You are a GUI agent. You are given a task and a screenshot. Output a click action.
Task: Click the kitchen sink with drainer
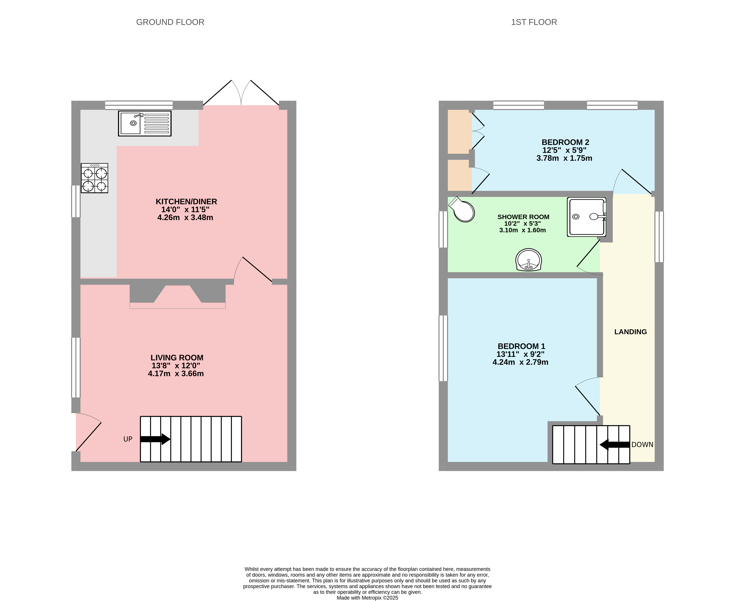pyautogui.click(x=145, y=123)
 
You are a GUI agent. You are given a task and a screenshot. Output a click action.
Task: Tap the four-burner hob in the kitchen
pyautogui.click(x=95, y=178)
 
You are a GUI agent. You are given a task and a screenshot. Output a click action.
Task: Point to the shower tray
pyautogui.click(x=586, y=217)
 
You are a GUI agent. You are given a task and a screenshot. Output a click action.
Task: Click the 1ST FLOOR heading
pyautogui.click(x=534, y=22)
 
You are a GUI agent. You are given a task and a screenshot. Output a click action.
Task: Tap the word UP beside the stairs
pyautogui.click(x=128, y=439)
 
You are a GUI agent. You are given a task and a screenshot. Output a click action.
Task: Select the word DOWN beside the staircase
pyautogui.click(x=642, y=444)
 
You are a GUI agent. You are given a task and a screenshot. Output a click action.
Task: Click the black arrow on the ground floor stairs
pyautogui.click(x=155, y=439)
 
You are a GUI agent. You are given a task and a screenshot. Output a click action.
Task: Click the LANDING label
pyautogui.click(x=630, y=332)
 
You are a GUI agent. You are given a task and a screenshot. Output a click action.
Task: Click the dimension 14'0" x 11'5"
pyautogui.click(x=185, y=210)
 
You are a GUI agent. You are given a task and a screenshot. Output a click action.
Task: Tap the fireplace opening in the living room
pyautogui.click(x=177, y=296)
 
